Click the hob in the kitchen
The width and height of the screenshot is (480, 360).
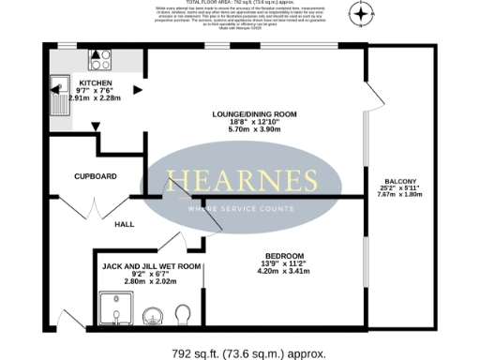(100, 61)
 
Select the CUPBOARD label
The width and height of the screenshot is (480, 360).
(96, 176)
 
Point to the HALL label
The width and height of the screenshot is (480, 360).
(125, 225)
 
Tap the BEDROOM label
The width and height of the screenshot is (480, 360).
(283, 257)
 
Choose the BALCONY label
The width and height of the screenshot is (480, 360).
(400, 181)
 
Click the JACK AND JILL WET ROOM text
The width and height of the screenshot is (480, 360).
(151, 267)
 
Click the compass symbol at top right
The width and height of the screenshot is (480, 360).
(362, 13)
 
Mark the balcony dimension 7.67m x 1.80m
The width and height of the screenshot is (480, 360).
(400, 195)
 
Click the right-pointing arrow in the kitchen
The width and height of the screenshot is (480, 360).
(138, 90)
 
